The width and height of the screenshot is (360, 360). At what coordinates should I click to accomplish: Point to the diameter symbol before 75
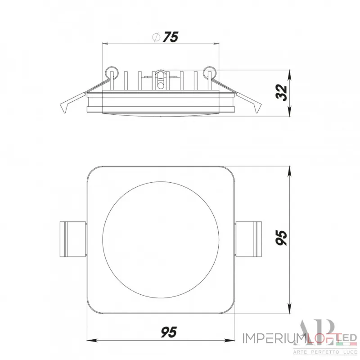[155, 38]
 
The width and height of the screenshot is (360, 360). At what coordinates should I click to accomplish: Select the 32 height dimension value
[282, 93]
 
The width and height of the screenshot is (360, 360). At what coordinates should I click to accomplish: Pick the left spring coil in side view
[111, 72]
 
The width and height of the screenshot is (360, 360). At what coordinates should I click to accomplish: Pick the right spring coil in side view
[210, 72]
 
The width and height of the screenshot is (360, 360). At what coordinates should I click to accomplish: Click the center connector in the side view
[160, 79]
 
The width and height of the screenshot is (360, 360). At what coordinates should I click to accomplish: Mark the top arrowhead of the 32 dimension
[288, 73]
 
